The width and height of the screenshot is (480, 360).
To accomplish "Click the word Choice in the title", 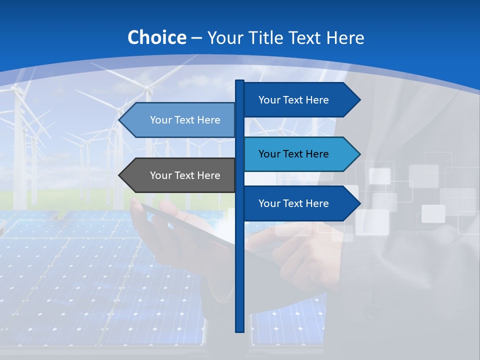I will [156, 37].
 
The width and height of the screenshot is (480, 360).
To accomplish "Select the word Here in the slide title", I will [345, 37].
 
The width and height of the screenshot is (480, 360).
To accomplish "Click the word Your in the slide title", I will [224, 37].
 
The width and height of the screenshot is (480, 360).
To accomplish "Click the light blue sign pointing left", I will [180, 120].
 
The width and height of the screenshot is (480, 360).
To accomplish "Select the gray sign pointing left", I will [180, 175].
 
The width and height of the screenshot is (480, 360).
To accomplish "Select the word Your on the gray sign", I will [160, 175].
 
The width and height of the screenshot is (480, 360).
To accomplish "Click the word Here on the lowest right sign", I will [318, 203].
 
